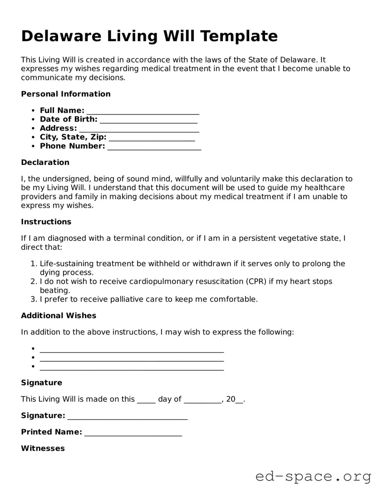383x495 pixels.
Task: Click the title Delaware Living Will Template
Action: point(149,36)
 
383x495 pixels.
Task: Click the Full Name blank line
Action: point(143,112)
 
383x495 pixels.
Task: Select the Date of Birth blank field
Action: point(148,120)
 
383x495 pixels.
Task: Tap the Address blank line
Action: point(139,129)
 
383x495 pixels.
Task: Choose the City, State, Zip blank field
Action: point(152,138)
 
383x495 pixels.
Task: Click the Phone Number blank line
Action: point(154,147)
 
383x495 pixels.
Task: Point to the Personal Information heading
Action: point(66,94)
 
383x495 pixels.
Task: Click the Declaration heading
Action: point(45,163)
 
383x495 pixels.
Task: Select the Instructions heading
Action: point(46,222)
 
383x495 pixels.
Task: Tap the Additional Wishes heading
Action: point(59,316)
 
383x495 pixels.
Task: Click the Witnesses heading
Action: point(43,449)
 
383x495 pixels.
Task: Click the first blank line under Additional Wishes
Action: point(132,349)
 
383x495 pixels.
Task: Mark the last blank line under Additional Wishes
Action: point(132,368)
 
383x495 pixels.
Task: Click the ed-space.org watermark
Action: point(313,476)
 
